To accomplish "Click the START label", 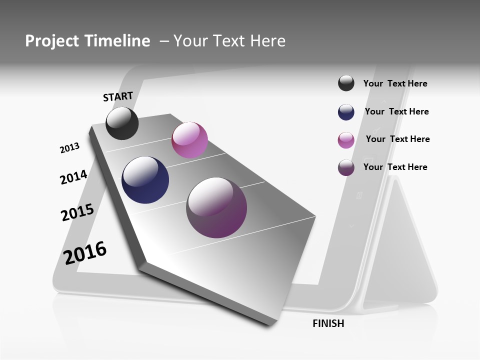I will point(118,96).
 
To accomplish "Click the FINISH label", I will point(328,323).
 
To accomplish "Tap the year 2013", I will point(69,148).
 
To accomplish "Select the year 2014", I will point(73,177).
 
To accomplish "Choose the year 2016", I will point(85,252).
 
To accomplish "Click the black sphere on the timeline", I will point(122,123).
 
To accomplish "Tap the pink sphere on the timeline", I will point(189,140).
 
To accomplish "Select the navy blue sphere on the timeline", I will point(145,180).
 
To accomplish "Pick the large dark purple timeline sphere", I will point(216,207).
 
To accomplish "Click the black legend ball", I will point(346,83).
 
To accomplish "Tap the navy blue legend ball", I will point(346,112).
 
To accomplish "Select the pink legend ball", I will point(346,140).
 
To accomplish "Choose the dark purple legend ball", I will point(346,167).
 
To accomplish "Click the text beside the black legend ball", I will point(395,84).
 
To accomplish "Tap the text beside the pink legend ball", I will point(397,139).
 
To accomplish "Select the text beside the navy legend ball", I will point(396,111).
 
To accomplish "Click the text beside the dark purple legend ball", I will point(395,167).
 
